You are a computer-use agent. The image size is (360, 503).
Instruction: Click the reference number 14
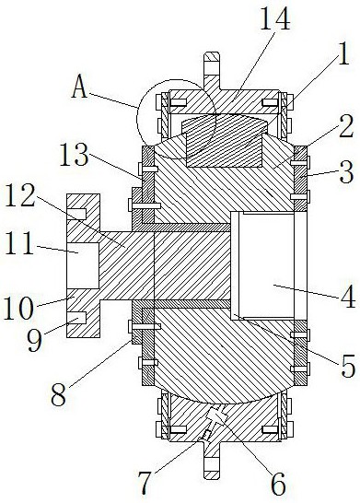click(x=274, y=18)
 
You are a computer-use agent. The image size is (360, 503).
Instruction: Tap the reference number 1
click(x=343, y=53)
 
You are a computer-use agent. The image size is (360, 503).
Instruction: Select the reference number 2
click(x=346, y=126)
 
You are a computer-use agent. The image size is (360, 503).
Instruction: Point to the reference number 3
click(x=346, y=172)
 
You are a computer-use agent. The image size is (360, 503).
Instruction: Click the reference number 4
click(x=348, y=296)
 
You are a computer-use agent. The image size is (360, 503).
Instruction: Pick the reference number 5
click(x=348, y=366)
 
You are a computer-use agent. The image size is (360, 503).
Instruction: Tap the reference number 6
click(x=278, y=485)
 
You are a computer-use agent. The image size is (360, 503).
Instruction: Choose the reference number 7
click(x=145, y=483)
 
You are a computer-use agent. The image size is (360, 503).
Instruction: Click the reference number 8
click(x=59, y=395)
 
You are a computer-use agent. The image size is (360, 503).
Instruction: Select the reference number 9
click(x=35, y=339)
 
